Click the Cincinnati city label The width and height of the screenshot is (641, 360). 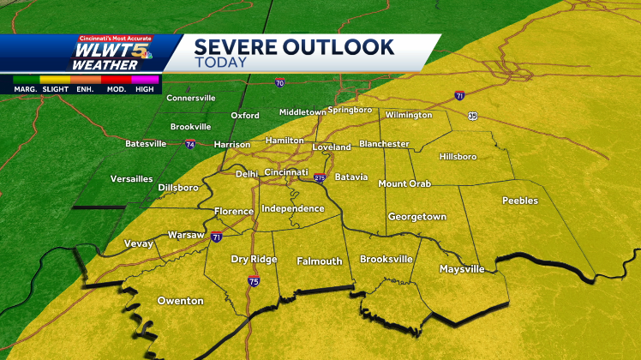point(286,172)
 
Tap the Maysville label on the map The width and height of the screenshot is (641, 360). point(462,269)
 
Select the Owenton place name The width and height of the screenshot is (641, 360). point(180,301)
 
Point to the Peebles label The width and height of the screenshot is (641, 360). point(520,201)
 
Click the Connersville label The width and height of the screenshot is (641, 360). point(191,99)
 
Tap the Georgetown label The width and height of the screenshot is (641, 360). point(416,217)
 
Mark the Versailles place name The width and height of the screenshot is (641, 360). point(132,179)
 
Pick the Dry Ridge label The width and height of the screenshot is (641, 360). point(253,259)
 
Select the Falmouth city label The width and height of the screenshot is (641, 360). point(320,261)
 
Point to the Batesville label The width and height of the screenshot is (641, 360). point(146,143)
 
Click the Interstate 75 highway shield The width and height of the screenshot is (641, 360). point(253,281)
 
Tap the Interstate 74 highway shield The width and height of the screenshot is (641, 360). point(189,145)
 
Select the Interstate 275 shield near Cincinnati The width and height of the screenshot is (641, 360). point(320,177)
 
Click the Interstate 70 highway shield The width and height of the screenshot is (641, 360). point(279,83)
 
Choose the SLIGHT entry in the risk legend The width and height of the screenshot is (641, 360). point(57,87)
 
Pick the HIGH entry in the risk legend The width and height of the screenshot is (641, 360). point(145,87)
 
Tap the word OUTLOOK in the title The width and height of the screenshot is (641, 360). point(340,46)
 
